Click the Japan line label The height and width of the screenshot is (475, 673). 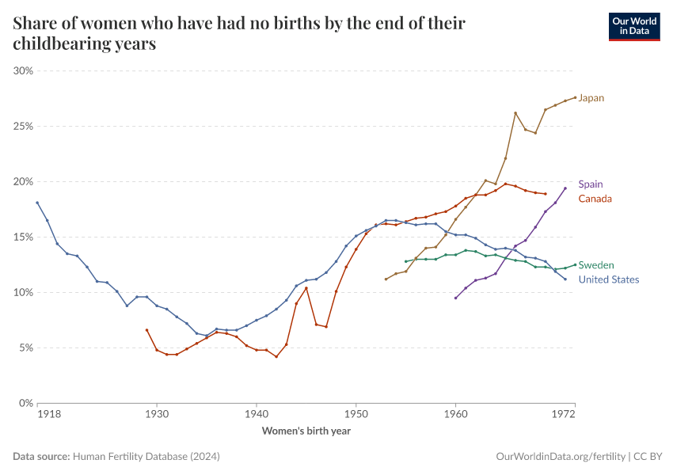click(x=591, y=98)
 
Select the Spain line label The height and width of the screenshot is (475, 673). click(x=591, y=184)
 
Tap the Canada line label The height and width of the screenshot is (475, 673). click(x=595, y=199)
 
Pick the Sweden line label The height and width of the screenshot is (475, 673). click(x=596, y=265)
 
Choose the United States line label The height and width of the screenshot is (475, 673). click(x=609, y=279)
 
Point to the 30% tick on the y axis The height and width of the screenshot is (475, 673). click(x=23, y=70)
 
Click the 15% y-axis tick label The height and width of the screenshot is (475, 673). click(x=23, y=237)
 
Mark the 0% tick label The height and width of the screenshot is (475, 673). click(x=26, y=403)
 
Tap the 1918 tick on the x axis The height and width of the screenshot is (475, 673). click(x=49, y=414)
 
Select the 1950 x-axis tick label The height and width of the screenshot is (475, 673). click(x=356, y=414)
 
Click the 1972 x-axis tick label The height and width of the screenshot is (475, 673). click(x=563, y=414)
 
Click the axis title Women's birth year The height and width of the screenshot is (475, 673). click(x=306, y=431)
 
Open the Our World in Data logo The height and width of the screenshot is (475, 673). click(x=634, y=27)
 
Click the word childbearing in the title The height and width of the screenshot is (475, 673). click(x=62, y=44)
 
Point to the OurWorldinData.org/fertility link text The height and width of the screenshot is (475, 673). click(x=561, y=457)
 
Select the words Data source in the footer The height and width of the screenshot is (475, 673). click(x=41, y=457)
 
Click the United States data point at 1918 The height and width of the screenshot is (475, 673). click(x=37, y=203)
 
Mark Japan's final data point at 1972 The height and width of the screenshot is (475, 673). click(x=575, y=98)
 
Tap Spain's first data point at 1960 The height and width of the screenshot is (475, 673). click(x=455, y=298)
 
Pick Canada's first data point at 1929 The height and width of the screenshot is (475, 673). click(x=146, y=330)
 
